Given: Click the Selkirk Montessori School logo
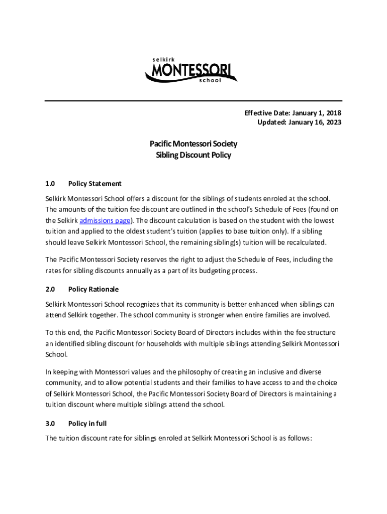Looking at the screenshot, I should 191,71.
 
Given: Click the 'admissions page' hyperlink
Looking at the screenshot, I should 106,221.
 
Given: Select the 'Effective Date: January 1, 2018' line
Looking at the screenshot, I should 293,113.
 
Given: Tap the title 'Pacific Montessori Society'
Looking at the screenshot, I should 193,144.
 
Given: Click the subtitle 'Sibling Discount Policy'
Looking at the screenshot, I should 193,155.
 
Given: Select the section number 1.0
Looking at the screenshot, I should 50,184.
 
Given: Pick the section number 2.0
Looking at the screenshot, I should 50,290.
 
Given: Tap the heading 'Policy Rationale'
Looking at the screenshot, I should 93,290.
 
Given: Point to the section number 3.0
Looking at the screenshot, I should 50,423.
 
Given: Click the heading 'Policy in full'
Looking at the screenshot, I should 87,423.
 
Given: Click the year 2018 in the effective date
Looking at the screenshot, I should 332,113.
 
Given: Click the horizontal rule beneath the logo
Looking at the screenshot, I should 193,101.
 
